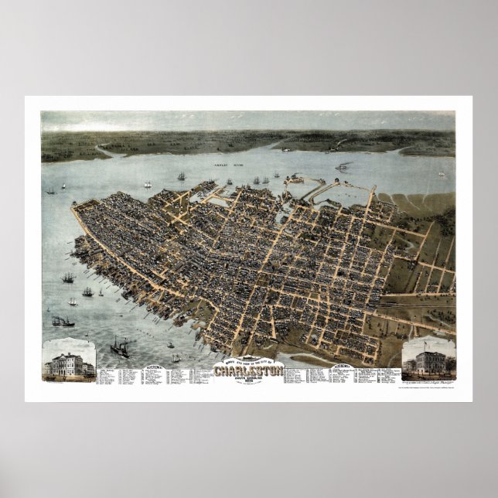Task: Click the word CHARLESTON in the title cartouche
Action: pos(249,369)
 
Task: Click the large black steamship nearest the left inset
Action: pos(120,348)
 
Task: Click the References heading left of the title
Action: pos(153,365)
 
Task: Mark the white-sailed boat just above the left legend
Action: pos(176,357)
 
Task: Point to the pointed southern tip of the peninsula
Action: pos(73,206)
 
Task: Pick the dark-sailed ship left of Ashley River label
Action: pos(182,176)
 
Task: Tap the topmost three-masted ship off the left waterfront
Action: pos(68,276)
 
